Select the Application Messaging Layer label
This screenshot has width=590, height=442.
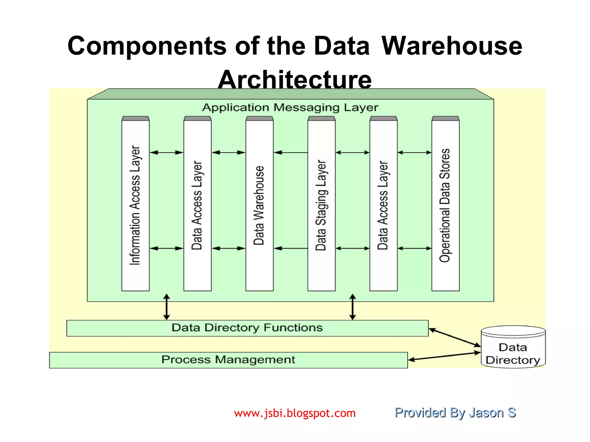[290, 108]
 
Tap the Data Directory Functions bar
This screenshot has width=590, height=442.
[247, 328]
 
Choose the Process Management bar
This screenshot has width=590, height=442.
[228, 360]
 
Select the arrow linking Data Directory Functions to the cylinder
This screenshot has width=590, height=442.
[455, 337]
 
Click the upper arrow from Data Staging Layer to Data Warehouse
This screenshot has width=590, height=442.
[290, 153]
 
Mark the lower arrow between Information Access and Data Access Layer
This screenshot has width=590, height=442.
[167, 248]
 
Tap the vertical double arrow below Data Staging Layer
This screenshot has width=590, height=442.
[353, 307]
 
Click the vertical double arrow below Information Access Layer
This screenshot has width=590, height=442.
[167, 307]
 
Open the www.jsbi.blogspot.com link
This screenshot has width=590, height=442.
[295, 413]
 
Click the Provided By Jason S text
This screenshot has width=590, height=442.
[455, 413]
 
